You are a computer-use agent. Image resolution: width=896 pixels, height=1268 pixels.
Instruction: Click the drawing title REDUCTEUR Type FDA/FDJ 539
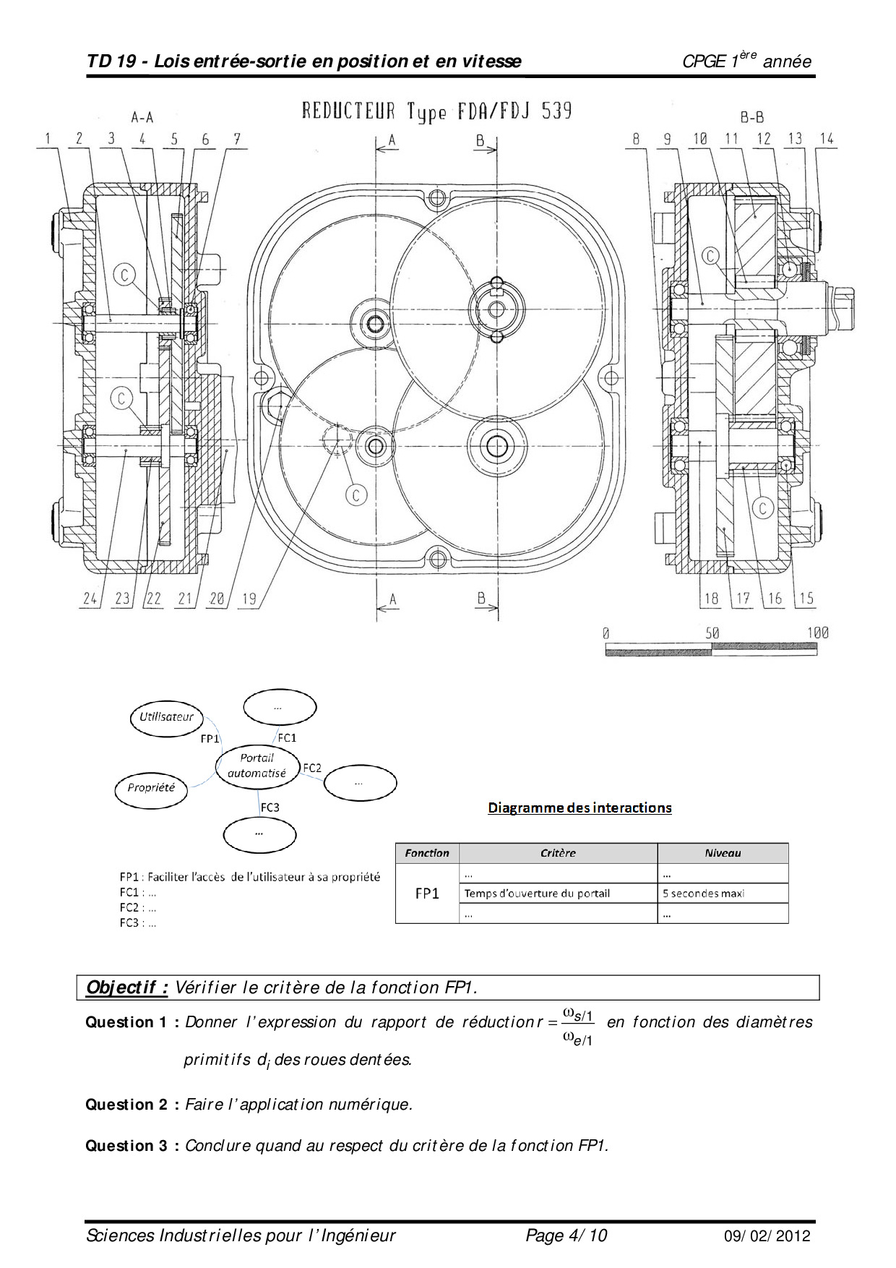pos(436,111)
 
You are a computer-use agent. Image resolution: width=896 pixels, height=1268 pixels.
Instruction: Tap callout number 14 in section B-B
pos(827,139)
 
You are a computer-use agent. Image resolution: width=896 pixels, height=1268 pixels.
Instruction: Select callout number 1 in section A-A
pos(48,139)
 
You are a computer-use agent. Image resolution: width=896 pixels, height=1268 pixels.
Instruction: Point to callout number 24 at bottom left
pos(90,599)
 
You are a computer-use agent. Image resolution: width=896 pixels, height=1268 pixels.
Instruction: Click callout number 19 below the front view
pos(249,599)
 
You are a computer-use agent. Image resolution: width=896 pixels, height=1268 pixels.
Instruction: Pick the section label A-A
pos(142,117)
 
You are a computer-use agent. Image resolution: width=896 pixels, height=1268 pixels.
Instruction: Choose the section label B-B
pos(751,117)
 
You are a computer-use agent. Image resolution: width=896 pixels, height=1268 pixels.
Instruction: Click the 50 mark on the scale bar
pos(712,633)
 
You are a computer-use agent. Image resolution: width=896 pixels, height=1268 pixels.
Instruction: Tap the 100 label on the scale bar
pos(817,633)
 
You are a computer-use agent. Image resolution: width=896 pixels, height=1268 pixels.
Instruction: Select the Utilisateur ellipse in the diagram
pos(167,717)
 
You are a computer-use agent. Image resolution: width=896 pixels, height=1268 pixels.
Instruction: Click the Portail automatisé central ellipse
pos(257,766)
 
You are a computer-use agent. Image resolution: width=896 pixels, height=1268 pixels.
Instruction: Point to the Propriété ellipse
pos(151,788)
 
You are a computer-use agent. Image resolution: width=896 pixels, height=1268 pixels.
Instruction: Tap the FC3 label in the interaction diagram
pos(270,808)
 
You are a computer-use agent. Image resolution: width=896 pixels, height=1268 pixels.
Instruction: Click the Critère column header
pos(558,853)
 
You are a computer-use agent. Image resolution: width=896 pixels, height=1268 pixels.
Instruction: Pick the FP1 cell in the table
pos(427,894)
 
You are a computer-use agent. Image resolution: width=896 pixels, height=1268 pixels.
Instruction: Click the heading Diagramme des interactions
pos(580,808)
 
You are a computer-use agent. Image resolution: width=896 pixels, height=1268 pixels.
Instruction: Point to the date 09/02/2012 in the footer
pos(767,1236)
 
